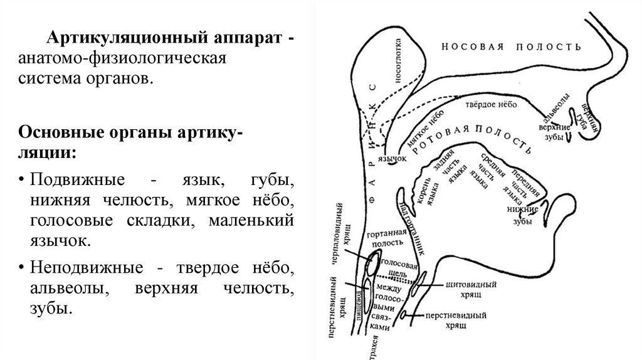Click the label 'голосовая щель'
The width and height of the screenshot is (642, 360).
tap(401, 269)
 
